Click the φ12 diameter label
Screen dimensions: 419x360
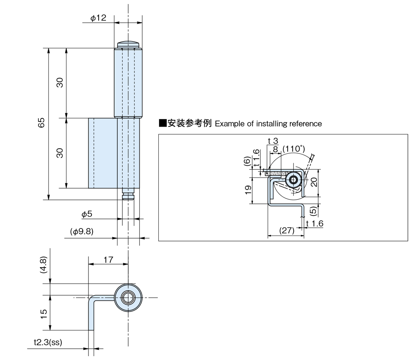click(98, 18)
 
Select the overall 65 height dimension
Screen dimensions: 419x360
click(41, 123)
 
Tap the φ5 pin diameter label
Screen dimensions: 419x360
click(87, 214)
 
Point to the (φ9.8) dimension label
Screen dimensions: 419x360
click(82, 231)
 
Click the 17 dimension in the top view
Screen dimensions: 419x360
click(108, 260)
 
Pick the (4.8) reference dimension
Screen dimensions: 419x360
click(43, 265)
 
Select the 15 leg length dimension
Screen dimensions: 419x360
click(43, 314)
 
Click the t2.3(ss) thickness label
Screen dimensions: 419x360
click(48, 342)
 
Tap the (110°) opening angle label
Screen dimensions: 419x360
click(294, 149)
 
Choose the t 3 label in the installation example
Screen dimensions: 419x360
click(273, 141)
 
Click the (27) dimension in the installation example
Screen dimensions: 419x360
click(287, 230)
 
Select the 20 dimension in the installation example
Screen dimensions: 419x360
click(314, 182)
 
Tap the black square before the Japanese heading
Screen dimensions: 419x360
click(163, 123)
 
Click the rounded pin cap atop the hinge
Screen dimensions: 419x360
click(128, 44)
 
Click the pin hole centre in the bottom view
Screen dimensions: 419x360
click(128, 298)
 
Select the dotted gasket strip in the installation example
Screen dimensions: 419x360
click(276, 173)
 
